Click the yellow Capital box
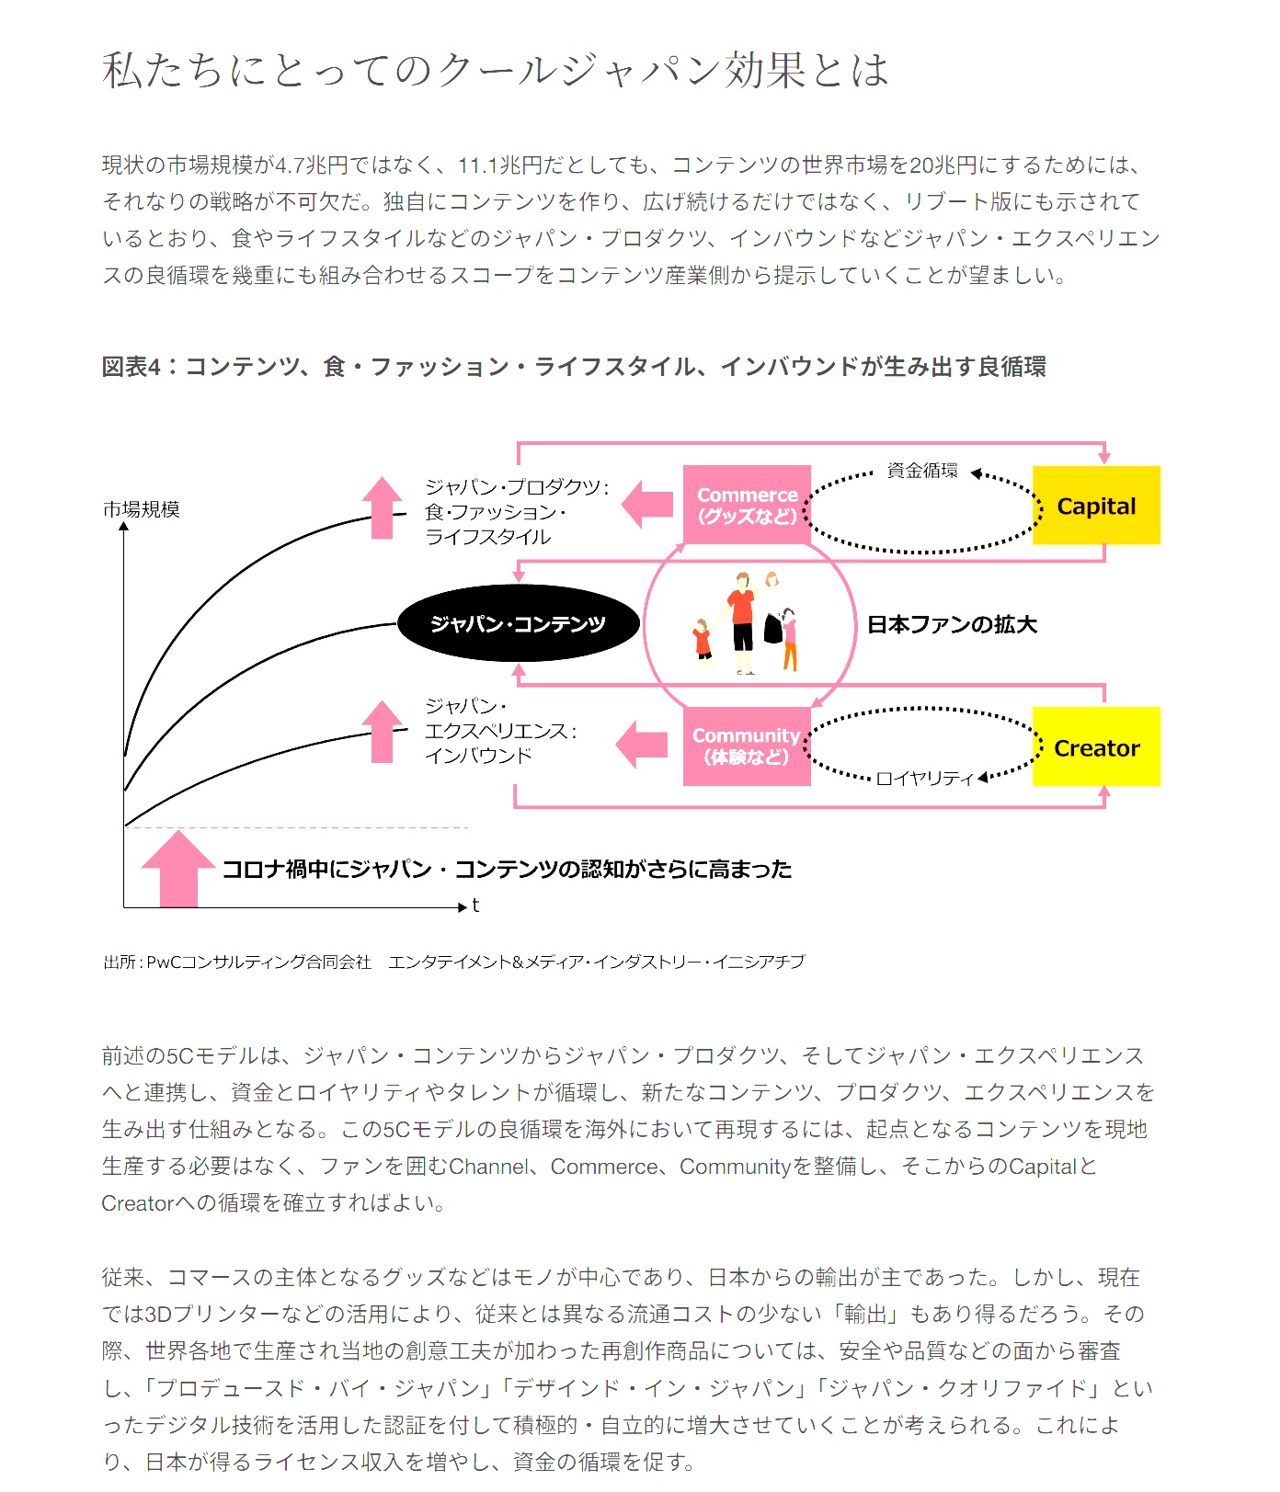[1095, 505]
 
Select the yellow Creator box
[1095, 746]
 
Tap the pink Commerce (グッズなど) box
[746, 505]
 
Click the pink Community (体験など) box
[746, 746]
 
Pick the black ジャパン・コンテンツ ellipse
[518, 623]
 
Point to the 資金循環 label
[921, 471]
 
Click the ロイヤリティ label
[923, 779]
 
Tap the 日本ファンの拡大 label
[952, 624]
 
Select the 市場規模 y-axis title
[141, 509]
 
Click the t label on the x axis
[475, 905]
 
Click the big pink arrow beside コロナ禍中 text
[178, 869]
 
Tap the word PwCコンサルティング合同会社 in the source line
[258, 962]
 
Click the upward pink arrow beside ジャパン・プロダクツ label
[382, 507]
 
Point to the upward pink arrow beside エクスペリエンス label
[382, 732]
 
